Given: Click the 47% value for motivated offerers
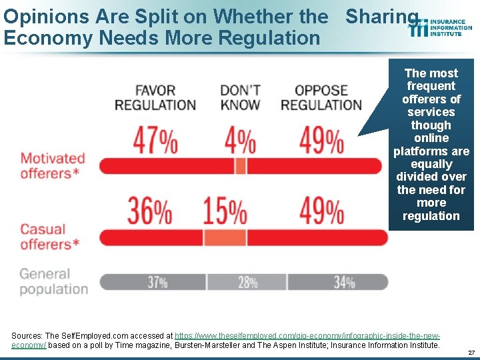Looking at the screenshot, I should [155, 141].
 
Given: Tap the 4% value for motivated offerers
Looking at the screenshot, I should [239, 141].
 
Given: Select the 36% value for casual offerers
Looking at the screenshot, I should [150, 211].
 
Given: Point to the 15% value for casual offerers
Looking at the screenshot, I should [225, 211].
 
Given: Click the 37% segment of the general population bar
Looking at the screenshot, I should [157, 282].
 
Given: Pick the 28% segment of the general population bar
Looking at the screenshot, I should [247, 282].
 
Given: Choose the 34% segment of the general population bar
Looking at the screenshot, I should [344, 282].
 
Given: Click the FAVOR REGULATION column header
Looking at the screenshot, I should [155, 97].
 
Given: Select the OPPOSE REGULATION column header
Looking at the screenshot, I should [321, 97].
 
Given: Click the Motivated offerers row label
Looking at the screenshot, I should [53, 166].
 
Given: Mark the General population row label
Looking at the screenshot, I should [53, 281].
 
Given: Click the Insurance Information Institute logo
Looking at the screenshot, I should [441, 27].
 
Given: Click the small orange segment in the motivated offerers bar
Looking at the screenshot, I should [241, 165].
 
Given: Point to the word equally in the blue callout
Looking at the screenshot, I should [431, 164].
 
